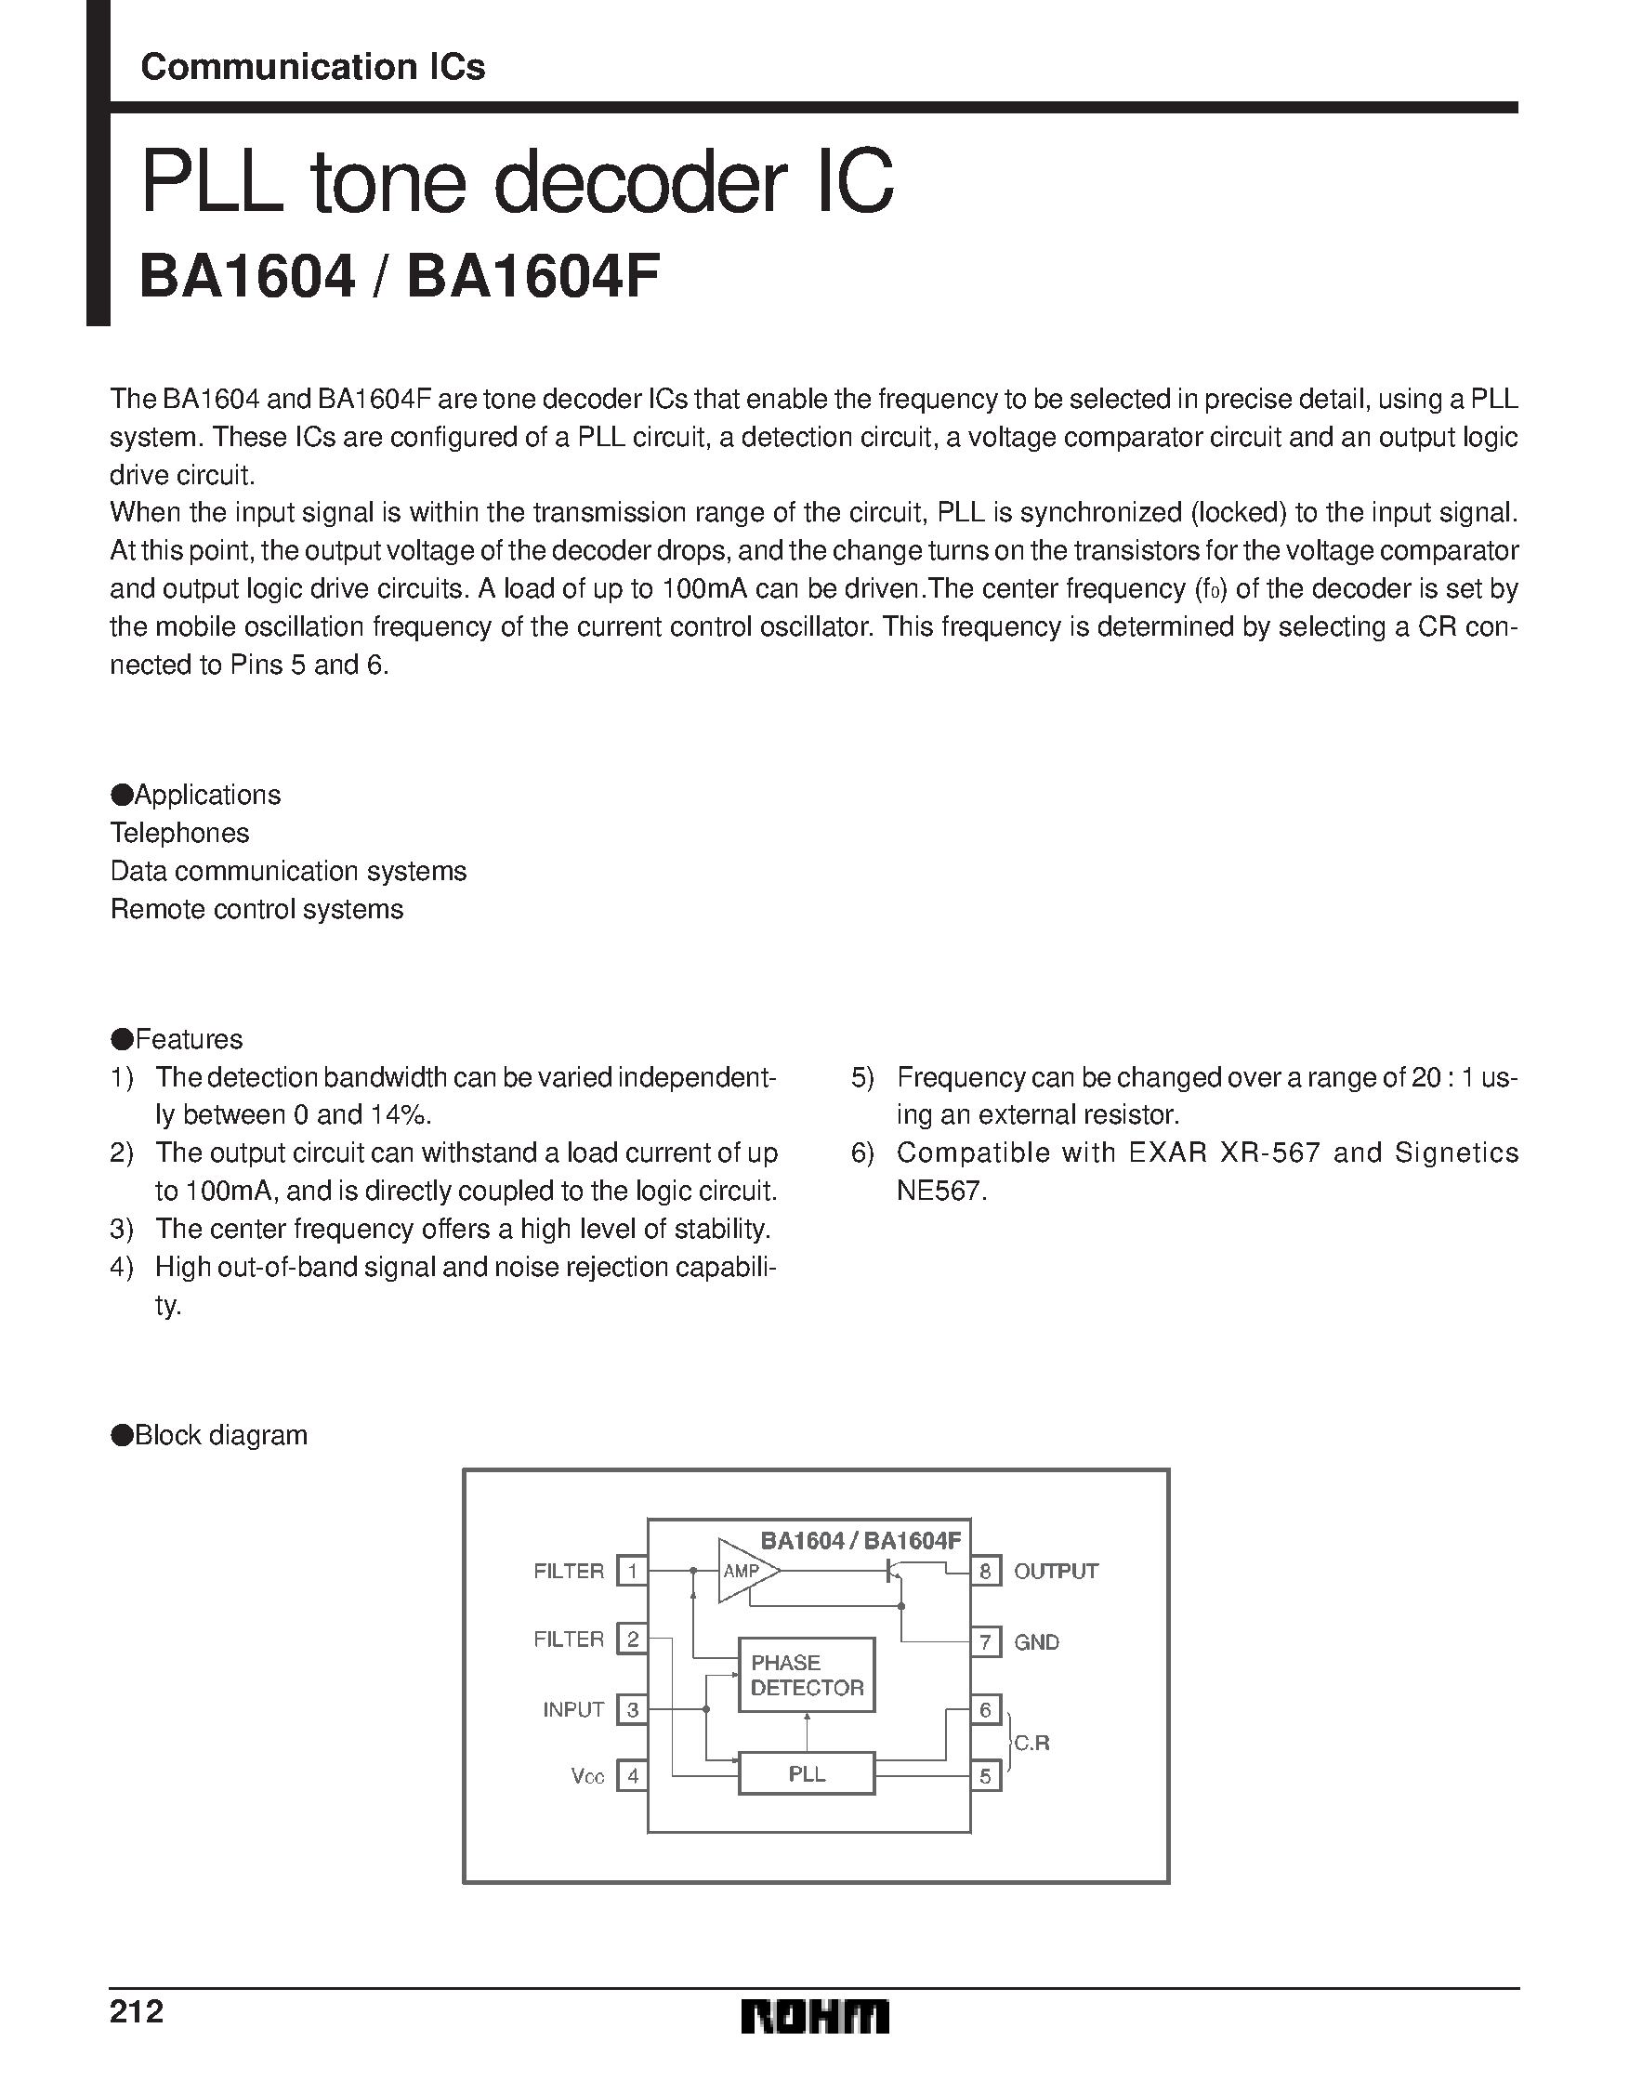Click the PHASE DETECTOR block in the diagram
point(807,1675)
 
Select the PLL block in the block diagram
point(807,1773)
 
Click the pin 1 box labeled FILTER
point(632,1571)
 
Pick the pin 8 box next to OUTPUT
point(985,1572)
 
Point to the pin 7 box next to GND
point(985,1642)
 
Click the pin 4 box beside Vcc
point(632,1776)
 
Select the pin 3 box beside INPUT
point(632,1709)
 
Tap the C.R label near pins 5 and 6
point(1031,1743)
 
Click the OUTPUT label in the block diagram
point(1056,1572)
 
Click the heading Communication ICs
point(312,67)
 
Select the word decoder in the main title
point(639,182)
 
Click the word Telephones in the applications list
point(179,832)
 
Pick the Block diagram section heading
point(220,1435)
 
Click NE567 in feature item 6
point(939,1191)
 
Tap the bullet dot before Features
point(122,1039)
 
